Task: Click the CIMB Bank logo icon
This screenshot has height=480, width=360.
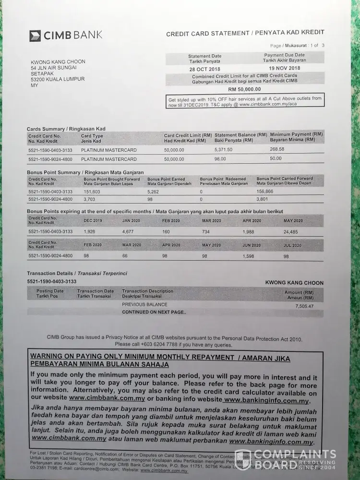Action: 35,36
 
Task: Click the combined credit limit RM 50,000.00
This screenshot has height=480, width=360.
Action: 244,89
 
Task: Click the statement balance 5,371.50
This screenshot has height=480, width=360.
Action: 223,150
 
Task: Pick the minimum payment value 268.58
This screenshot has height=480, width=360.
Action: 277,149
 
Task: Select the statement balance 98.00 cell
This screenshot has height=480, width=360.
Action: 220,158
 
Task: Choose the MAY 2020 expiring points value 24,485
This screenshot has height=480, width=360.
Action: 291,232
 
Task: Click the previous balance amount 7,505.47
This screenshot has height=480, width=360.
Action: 304,306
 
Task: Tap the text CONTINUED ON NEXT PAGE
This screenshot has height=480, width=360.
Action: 154,312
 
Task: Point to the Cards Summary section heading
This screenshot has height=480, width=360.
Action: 66,129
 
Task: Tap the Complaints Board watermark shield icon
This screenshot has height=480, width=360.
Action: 243,459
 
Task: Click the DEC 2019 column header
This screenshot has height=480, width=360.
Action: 93,221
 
